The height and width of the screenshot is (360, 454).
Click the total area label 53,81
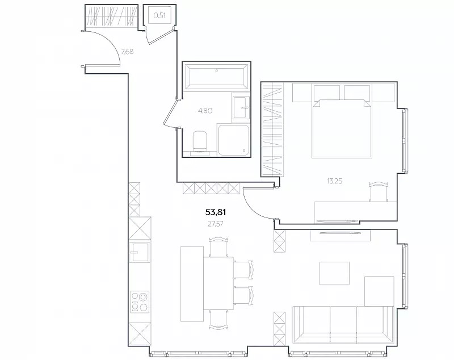[x=216, y=212]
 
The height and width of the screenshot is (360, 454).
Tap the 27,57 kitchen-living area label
[x=216, y=224]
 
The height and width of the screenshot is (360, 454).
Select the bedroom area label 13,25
[x=334, y=181]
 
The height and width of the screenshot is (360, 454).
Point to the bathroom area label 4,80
[x=205, y=110]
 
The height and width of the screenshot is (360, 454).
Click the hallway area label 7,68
[x=127, y=52]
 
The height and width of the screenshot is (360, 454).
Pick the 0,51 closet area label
[x=159, y=16]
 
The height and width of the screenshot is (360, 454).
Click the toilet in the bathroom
[x=200, y=141]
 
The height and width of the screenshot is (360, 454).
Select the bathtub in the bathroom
[x=217, y=77]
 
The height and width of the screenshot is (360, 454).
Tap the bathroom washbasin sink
[x=240, y=107]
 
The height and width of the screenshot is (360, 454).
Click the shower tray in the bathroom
[x=233, y=140]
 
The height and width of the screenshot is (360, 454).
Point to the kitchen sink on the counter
[x=140, y=252]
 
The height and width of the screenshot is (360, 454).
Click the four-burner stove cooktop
[x=140, y=302]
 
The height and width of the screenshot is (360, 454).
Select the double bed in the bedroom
[x=342, y=121]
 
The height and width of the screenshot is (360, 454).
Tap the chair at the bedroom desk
[x=379, y=191]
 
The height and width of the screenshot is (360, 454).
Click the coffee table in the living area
[x=334, y=273]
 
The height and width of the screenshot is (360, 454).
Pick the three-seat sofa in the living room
[x=343, y=325]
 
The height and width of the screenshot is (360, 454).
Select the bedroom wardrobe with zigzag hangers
[x=272, y=129]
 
